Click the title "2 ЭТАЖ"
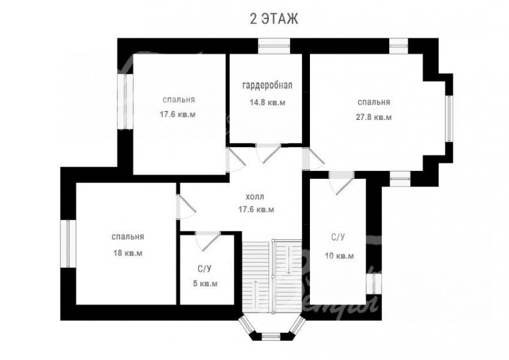[x=273, y=19]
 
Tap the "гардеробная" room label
[x=267, y=85]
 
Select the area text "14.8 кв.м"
[x=267, y=103]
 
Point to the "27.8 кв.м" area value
[x=374, y=117]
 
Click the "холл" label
[x=255, y=197]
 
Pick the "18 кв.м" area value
[x=128, y=253]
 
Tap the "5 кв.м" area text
[x=205, y=284]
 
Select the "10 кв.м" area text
[x=339, y=256]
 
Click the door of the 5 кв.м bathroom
[x=207, y=241]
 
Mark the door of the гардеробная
[x=268, y=154]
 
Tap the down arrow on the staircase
[x=288, y=260]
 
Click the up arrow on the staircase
[x=257, y=295]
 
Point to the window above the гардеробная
[x=274, y=46]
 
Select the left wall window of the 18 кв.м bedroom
[x=68, y=244]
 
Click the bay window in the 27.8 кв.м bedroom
[x=449, y=118]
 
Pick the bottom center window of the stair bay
[x=271, y=337]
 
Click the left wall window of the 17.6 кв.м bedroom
[x=125, y=101]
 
